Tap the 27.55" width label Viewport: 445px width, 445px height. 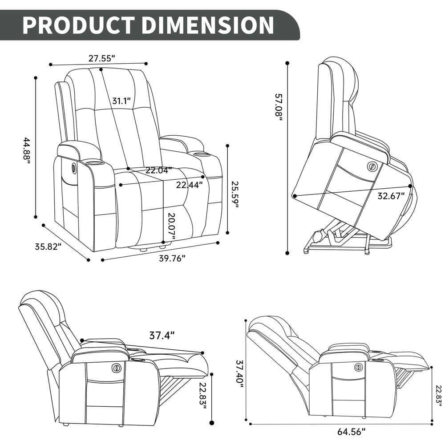pos(101,58)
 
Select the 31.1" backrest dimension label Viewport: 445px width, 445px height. pos(121,101)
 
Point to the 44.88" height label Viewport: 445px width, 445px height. pos(28,151)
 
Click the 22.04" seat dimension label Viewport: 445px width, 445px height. pos(158,170)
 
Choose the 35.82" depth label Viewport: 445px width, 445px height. pos(48,247)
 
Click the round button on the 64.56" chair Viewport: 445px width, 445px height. pos(358,367)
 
